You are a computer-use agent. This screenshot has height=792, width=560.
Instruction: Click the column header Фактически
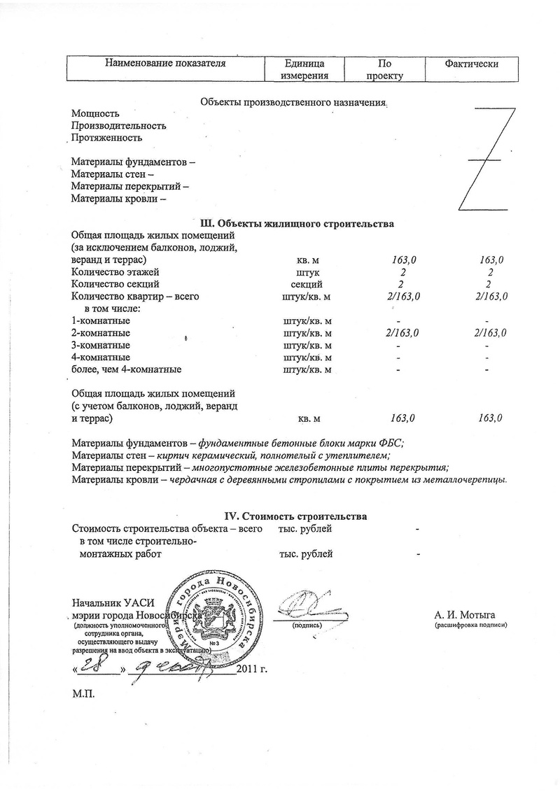(471, 64)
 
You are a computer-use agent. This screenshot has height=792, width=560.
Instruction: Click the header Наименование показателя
(165, 64)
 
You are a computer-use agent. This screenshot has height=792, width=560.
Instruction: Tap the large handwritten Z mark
(487, 160)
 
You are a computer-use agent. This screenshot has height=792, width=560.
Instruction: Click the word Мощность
(95, 114)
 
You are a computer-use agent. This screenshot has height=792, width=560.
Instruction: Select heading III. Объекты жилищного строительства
(297, 224)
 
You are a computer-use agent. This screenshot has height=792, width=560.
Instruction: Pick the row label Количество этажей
(115, 271)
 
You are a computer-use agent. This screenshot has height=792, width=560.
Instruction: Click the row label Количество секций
(115, 284)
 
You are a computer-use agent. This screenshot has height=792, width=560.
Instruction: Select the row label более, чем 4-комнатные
(127, 369)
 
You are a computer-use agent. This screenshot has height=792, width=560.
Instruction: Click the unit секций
(306, 284)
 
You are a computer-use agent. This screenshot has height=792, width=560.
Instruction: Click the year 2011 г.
(253, 669)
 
